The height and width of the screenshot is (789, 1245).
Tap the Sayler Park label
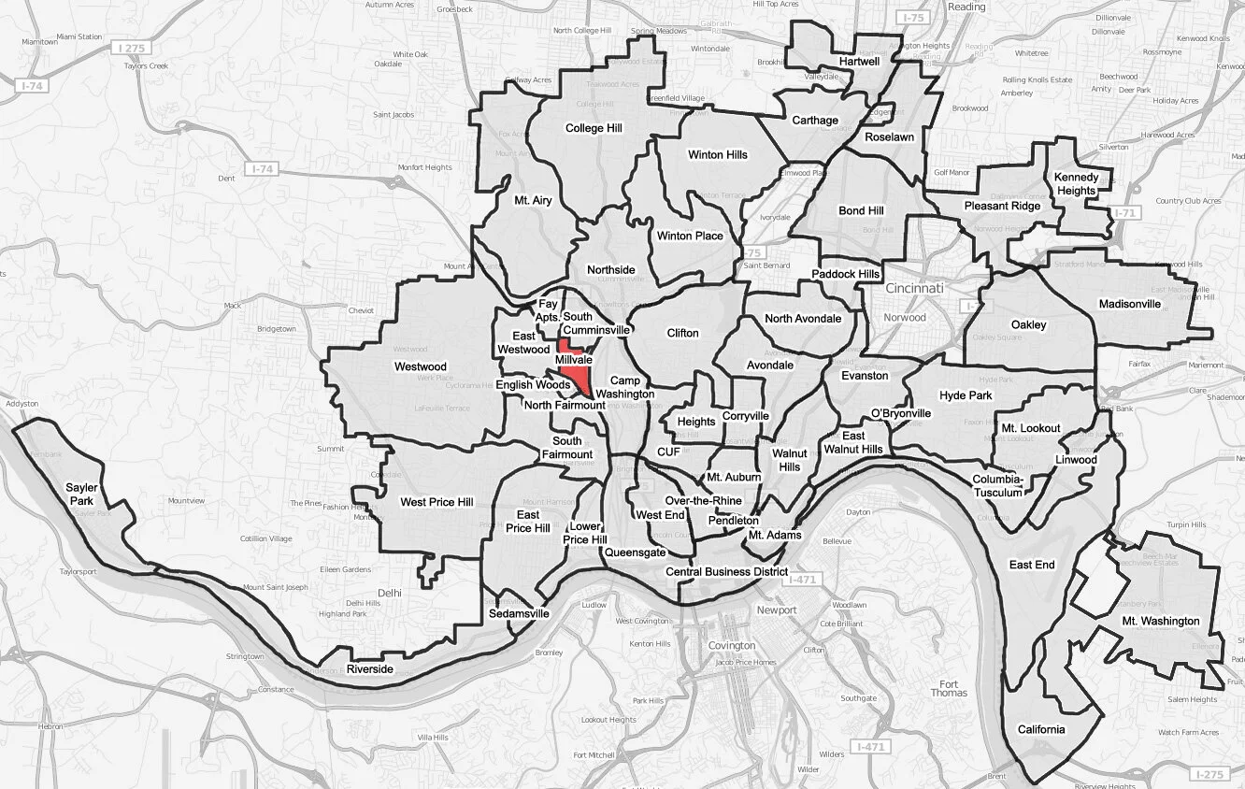point(80,494)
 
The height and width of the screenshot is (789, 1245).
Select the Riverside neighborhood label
point(370,670)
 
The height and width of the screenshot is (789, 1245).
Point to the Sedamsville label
point(519,614)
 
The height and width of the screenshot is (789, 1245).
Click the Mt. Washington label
point(1161,621)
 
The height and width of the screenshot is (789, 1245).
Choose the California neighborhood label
point(1041,730)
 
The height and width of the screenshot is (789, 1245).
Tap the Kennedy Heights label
point(1076,184)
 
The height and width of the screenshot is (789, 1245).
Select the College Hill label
point(594,128)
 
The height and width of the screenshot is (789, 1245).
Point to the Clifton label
point(682,333)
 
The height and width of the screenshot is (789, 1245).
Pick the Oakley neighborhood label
point(1029,325)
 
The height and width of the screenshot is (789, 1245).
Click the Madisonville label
point(1130,304)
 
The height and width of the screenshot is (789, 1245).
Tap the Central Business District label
point(726,571)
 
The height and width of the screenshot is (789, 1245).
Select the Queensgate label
point(635,552)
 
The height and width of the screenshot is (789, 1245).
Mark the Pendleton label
point(733,521)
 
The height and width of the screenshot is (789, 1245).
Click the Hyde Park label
point(966,395)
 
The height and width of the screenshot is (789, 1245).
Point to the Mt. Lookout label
point(1031,428)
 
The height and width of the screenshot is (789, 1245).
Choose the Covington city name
point(732,646)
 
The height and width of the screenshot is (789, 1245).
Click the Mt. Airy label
point(533,200)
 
